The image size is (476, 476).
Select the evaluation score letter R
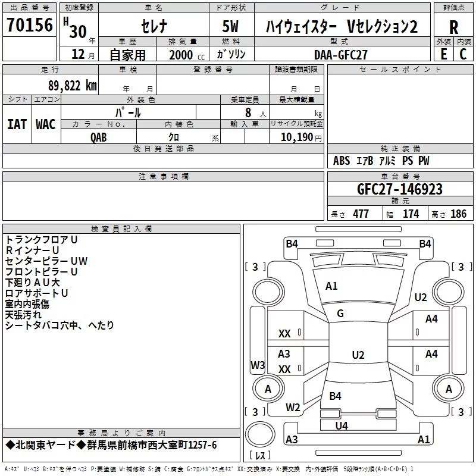453,27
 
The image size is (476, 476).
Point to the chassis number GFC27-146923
400,189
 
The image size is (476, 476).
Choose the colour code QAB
99,137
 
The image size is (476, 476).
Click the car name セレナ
154,27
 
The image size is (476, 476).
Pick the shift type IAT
17,124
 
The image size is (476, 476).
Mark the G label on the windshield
340,314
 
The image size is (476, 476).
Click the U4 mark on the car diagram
342,425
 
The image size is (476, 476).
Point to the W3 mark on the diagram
257,365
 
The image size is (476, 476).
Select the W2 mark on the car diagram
292,408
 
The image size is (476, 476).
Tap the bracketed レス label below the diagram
260,456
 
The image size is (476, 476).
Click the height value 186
458,214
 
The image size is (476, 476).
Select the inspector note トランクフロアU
42,239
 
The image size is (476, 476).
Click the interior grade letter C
463,54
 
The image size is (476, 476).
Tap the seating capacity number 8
248,112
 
